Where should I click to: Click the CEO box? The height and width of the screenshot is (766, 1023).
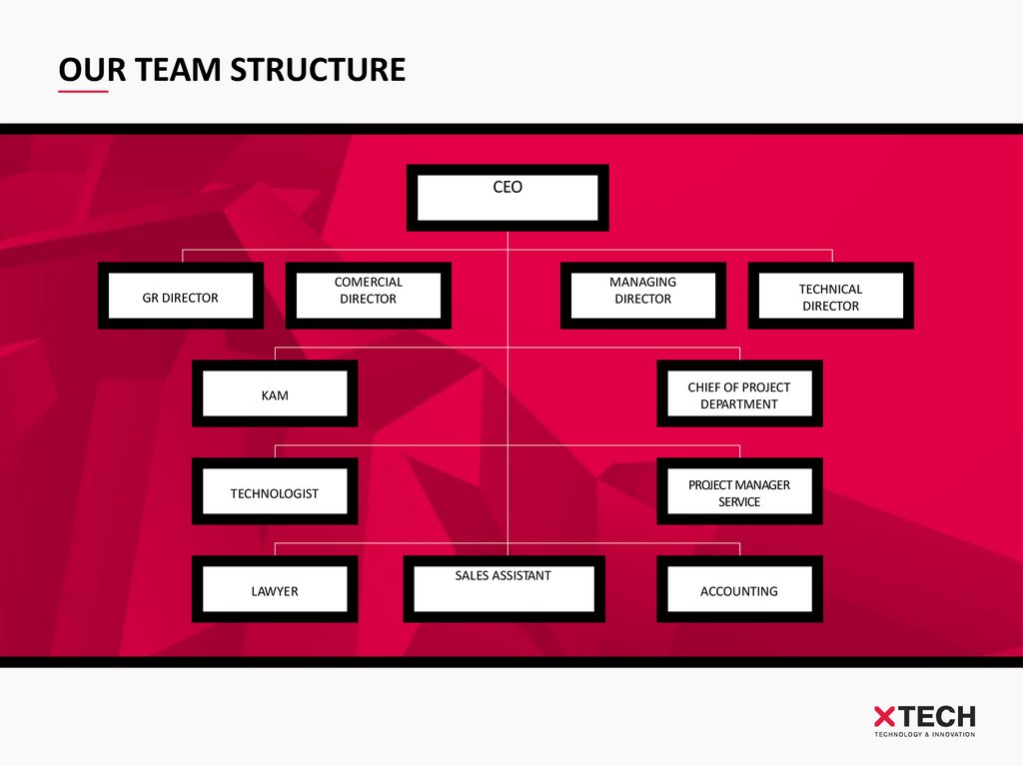(508, 197)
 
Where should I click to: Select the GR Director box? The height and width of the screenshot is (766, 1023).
(181, 296)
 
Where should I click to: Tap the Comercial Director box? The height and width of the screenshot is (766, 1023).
(368, 296)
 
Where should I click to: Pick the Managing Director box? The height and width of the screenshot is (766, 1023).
(642, 296)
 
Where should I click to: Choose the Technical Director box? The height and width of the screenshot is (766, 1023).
(830, 296)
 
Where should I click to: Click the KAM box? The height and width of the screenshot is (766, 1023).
(275, 393)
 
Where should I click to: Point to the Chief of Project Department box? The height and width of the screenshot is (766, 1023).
(739, 393)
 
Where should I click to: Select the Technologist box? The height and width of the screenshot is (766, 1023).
(275, 491)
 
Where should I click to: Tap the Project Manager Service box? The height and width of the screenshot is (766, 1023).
(739, 491)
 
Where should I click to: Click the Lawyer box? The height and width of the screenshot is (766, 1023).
(275, 589)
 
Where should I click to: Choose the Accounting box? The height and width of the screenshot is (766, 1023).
(739, 589)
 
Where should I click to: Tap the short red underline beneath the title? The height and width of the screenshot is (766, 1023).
(83, 92)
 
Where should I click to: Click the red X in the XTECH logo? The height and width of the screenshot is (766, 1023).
(885, 716)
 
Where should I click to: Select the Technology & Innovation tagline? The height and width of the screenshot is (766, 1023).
(924, 735)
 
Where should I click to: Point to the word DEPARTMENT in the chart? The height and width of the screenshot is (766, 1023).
(739, 404)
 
